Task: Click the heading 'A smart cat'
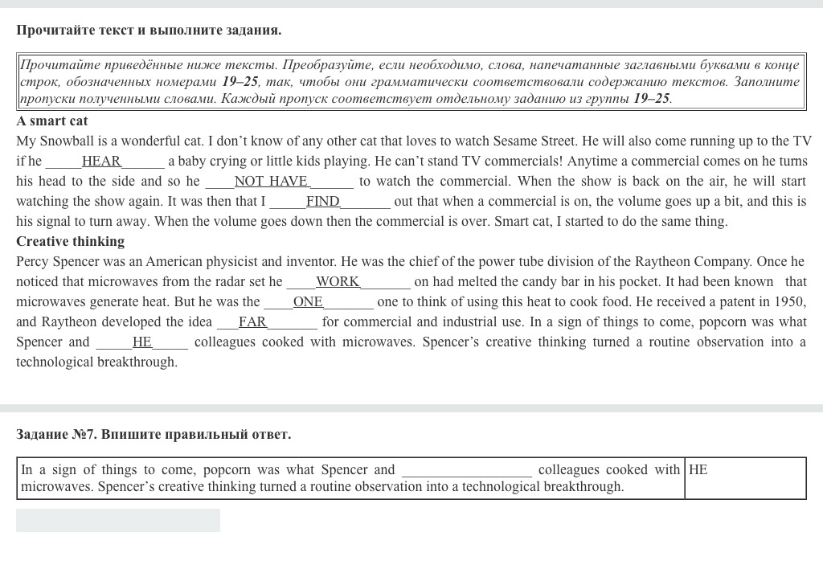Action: click(x=52, y=121)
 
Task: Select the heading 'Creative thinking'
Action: click(x=71, y=242)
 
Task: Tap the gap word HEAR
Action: click(x=101, y=162)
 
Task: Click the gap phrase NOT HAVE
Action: click(x=271, y=182)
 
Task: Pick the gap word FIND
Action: click(x=323, y=202)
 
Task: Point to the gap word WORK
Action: click(x=338, y=282)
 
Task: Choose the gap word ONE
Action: click(x=308, y=302)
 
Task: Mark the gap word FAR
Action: click(x=252, y=322)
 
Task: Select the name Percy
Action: click(x=34, y=262)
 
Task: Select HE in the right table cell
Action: click(x=698, y=470)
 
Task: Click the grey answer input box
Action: click(x=118, y=521)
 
